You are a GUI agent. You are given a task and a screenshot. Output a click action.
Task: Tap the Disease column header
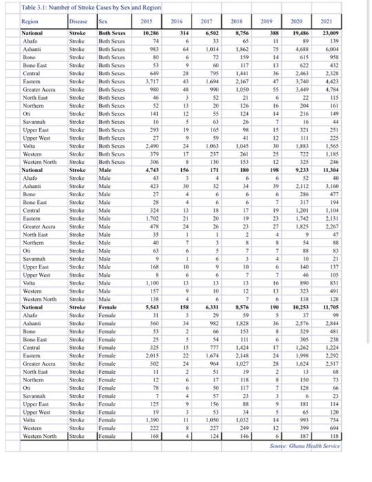click(80, 21)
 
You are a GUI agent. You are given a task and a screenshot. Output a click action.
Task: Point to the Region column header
click(30, 21)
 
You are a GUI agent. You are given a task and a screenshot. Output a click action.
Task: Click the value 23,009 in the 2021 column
click(345, 32)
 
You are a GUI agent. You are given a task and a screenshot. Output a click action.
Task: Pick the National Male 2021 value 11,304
click(345, 169)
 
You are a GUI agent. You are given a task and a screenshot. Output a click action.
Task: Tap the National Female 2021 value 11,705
click(345, 306)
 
